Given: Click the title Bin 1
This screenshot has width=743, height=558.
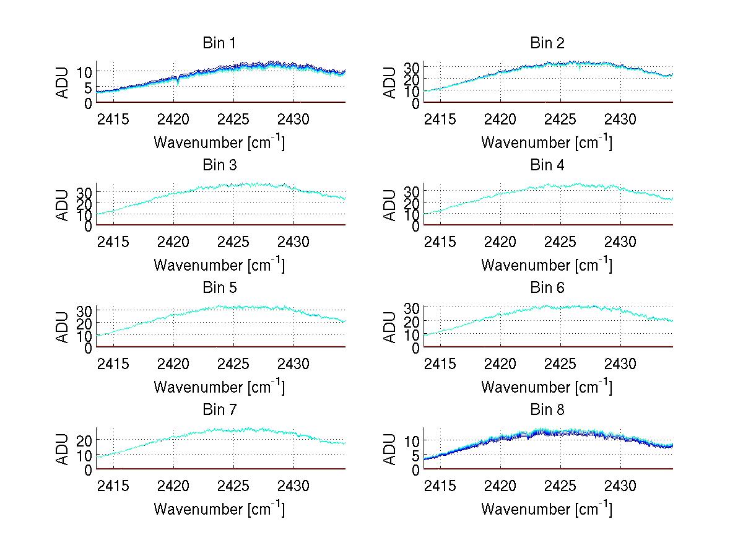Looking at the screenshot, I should point(219,43).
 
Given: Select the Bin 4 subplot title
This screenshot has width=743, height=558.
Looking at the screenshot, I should point(547,165).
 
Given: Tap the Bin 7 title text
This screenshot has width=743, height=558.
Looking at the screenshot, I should point(219,410).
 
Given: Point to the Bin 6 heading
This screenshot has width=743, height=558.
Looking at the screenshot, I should point(547,288).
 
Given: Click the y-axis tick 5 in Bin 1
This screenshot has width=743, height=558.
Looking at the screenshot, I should point(89,87).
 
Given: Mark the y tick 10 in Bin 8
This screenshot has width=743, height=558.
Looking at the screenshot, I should point(412,440).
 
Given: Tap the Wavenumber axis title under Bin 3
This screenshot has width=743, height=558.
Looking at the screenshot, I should point(219,264).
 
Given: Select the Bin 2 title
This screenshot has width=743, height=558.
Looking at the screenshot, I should point(547,43).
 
